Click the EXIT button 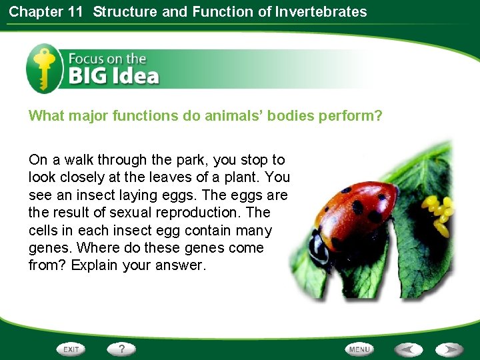tap(71, 349)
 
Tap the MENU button tap(359, 349)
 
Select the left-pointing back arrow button tap(408, 349)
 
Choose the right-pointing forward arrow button tap(449, 349)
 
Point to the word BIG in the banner tap(87, 76)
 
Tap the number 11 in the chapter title tap(75, 11)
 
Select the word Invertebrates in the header tap(321, 11)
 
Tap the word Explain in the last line tap(94, 265)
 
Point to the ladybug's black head tap(319, 247)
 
